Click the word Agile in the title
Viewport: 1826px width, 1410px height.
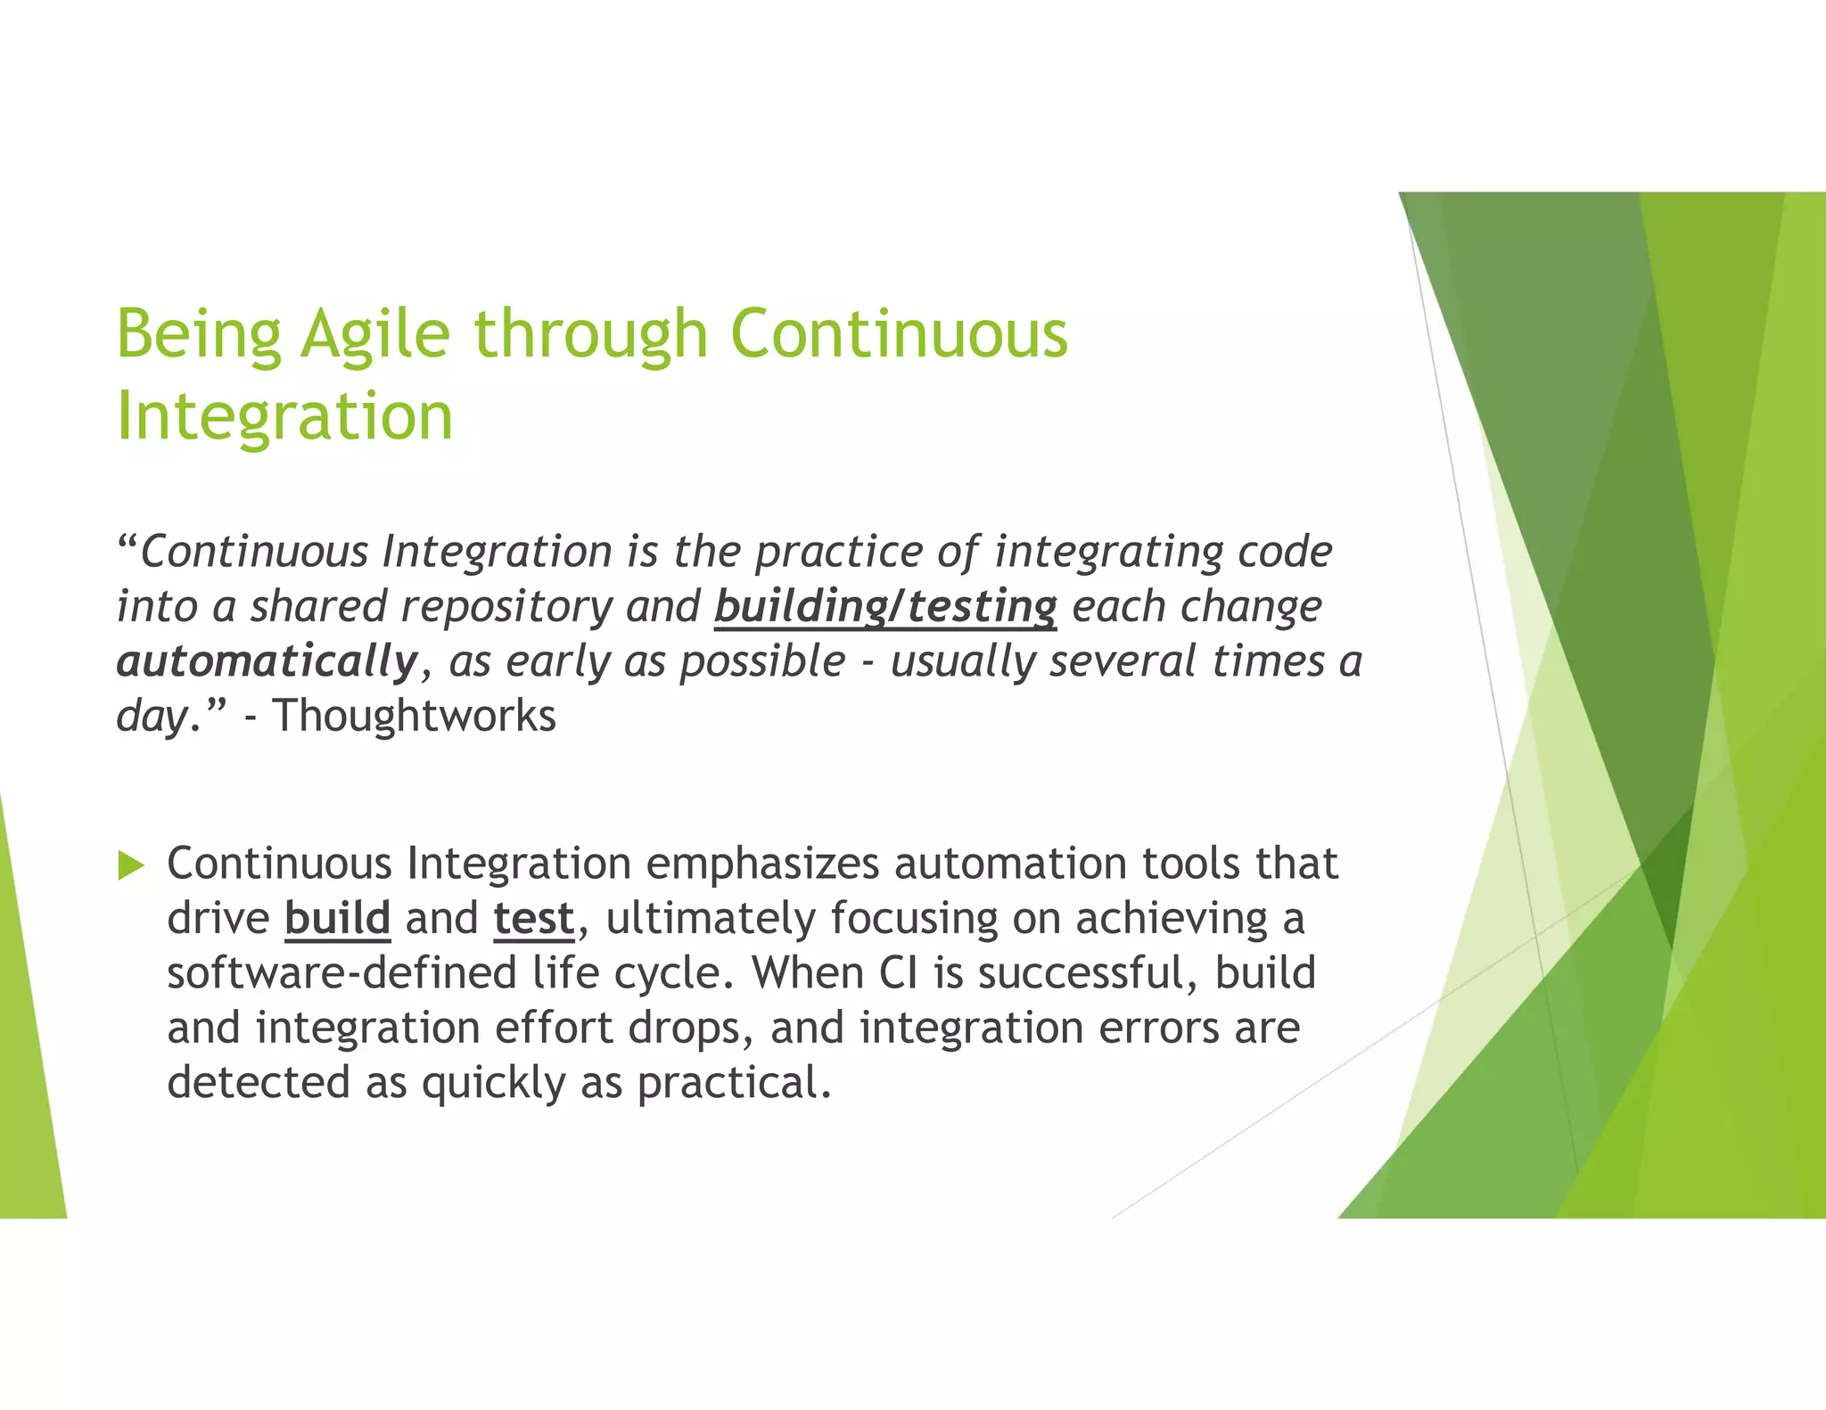pyautogui.click(x=375, y=335)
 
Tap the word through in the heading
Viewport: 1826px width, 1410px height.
pyautogui.click(x=590, y=335)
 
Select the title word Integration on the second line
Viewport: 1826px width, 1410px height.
pyautogui.click(x=285, y=417)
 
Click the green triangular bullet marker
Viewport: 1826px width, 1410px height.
pyautogui.click(x=130, y=865)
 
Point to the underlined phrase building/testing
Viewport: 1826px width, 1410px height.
pyautogui.click(x=885, y=607)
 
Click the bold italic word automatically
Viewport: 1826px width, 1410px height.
pyautogui.click(x=267, y=661)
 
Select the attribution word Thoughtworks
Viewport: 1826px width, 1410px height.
pyautogui.click(x=415, y=716)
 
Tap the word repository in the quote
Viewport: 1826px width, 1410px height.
pyautogui.click(x=506, y=607)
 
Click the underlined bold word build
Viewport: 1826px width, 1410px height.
pyautogui.click(x=337, y=919)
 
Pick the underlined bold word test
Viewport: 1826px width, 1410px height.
pyautogui.click(x=534, y=919)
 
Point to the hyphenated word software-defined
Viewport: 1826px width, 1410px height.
pyautogui.click(x=341, y=973)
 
